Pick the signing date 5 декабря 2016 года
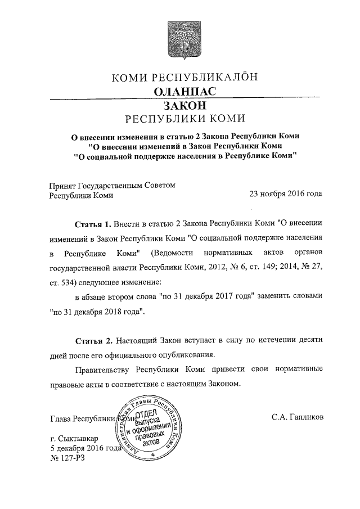pos(86,448)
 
